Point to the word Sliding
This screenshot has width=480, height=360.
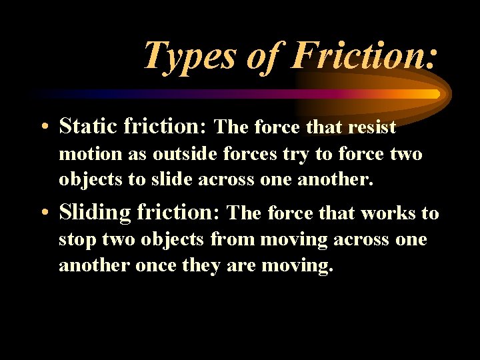(95, 213)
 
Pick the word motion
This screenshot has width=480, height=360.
(90, 154)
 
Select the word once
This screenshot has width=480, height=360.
(155, 266)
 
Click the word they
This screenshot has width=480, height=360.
(205, 266)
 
